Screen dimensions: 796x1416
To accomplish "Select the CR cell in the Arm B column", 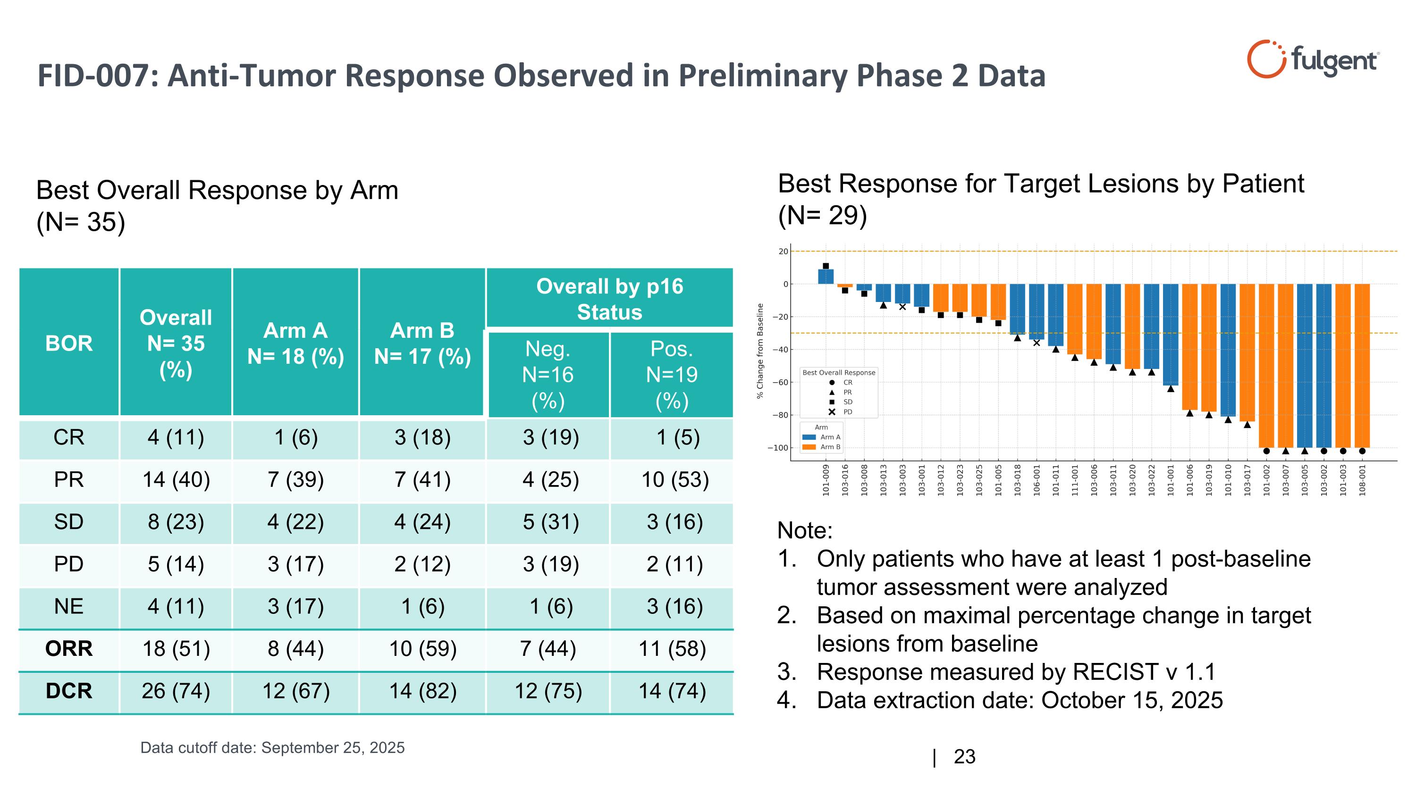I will pos(422,437).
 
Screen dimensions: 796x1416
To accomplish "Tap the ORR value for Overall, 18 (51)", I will pos(176,649).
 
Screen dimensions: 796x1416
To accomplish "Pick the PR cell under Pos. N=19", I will pos(674,479).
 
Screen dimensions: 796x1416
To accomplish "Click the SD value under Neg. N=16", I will pos(550,522).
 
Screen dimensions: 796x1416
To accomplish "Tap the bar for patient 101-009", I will pos(826,277).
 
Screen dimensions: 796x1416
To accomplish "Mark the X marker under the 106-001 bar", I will pos(1036,343).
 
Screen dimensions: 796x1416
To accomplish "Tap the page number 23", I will pos(964,757).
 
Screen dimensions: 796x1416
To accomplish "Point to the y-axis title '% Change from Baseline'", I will pos(760,351).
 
